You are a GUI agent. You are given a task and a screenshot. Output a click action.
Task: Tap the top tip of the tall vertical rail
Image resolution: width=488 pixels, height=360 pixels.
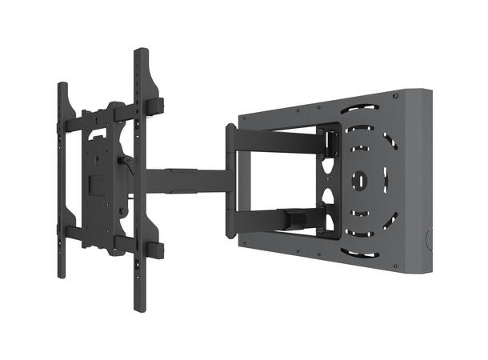[141, 53]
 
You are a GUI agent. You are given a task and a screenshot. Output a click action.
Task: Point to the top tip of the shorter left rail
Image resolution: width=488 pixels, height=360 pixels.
[61, 84]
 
